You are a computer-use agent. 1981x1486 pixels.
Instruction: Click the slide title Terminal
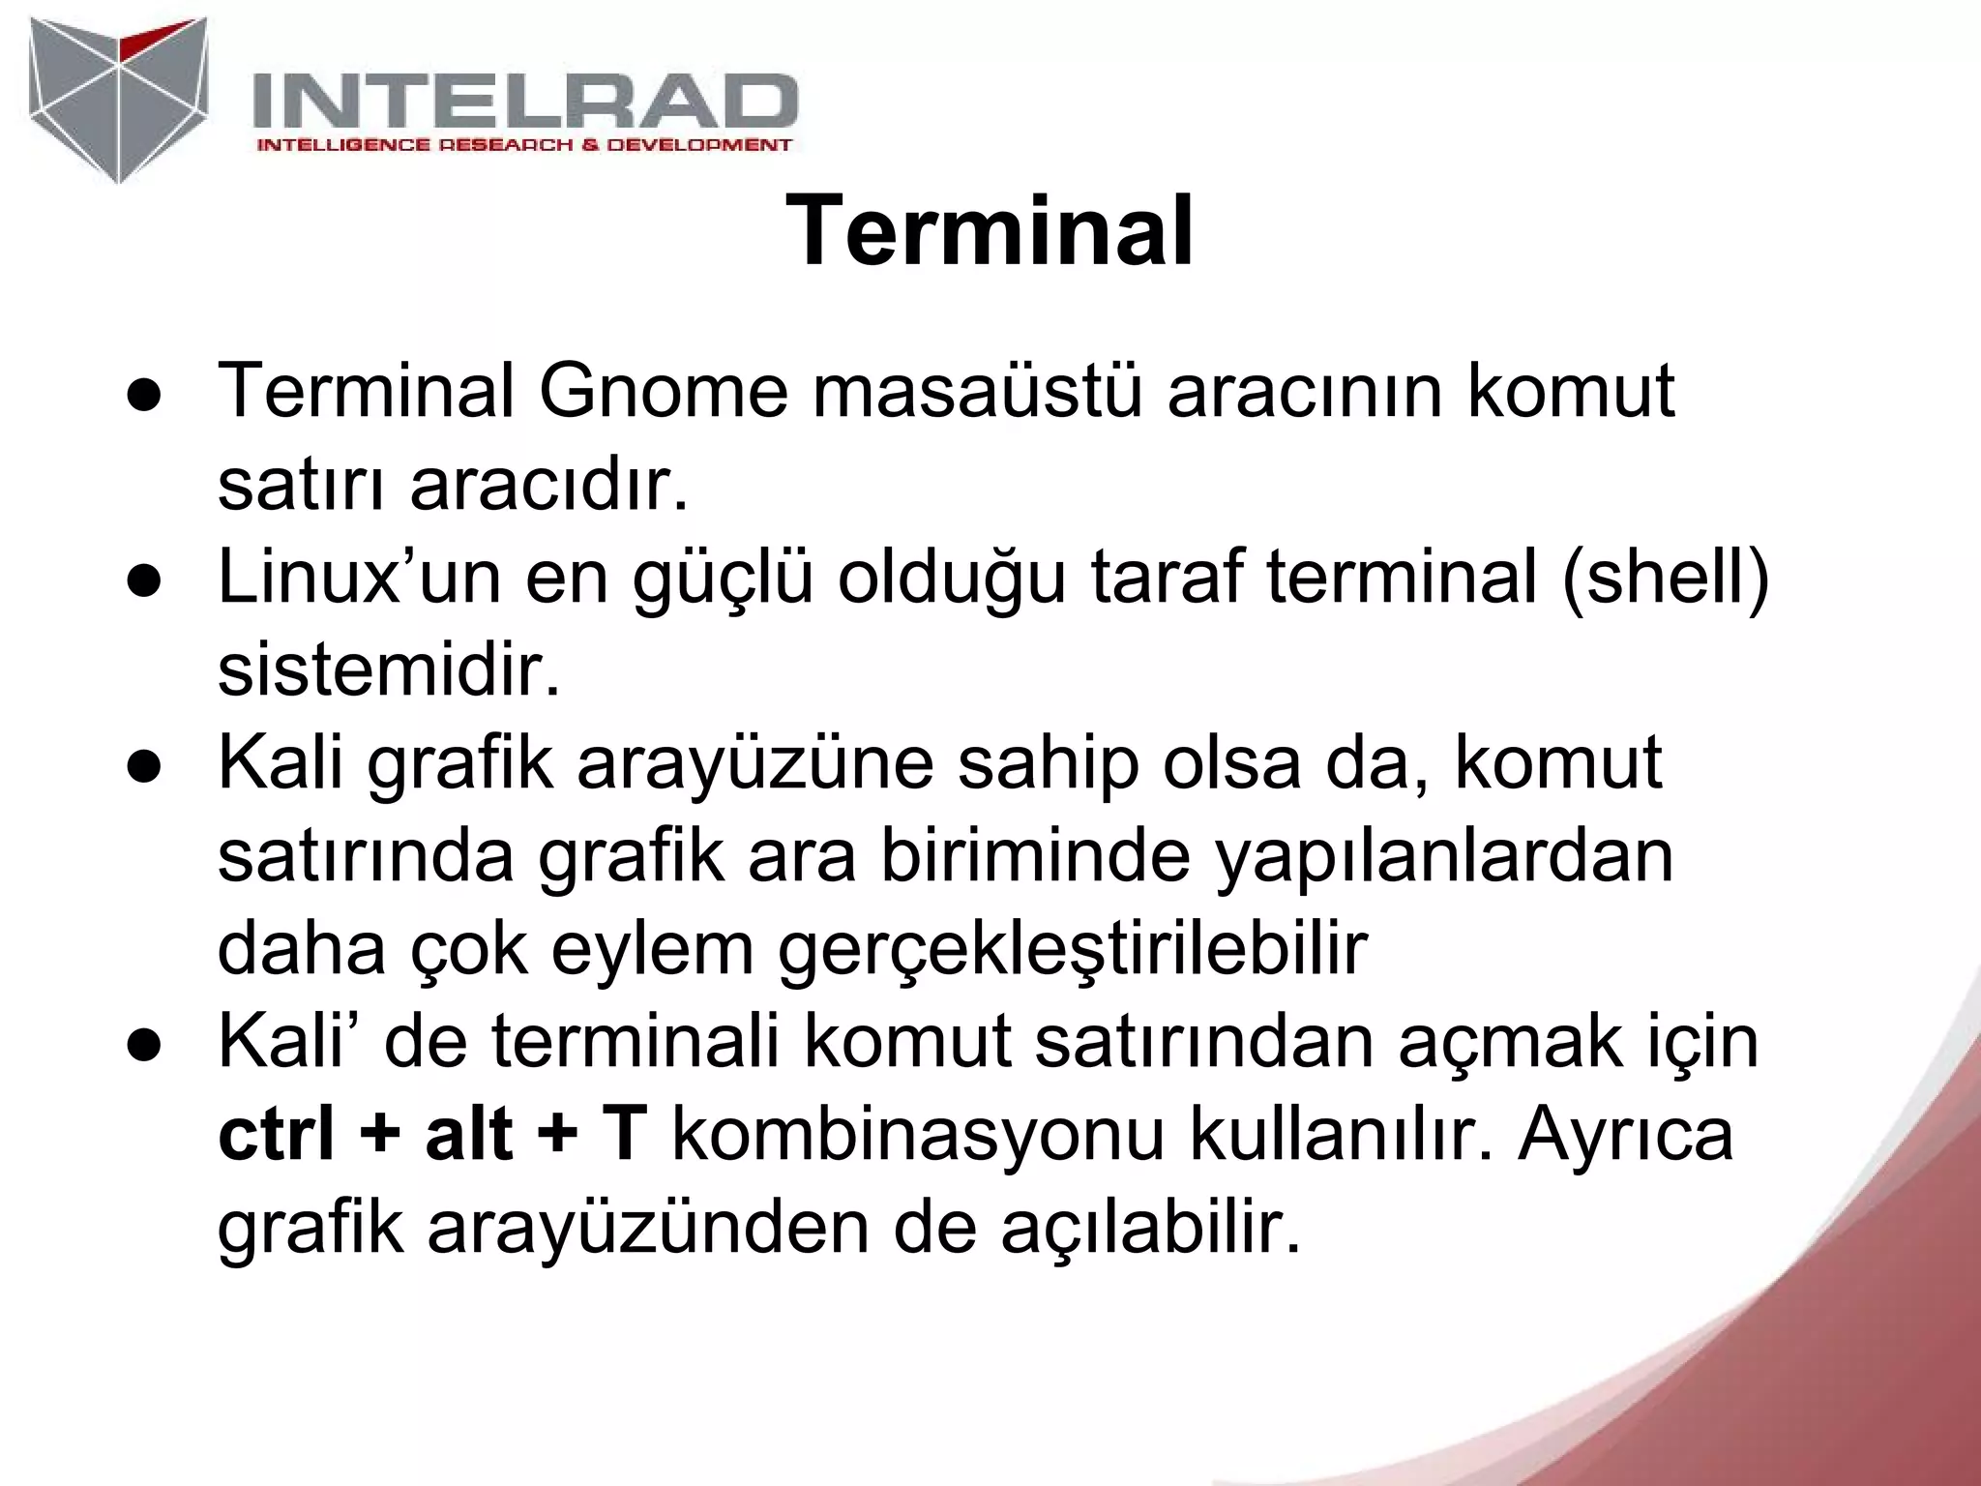(990, 233)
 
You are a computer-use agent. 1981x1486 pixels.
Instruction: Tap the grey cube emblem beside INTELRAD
(118, 99)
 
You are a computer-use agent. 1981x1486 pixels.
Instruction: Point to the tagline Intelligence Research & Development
(523, 145)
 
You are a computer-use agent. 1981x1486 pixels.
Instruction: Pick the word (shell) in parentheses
(1665, 579)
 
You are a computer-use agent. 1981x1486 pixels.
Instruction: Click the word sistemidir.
(389, 671)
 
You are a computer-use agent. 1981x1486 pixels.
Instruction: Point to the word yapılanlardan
(1443, 857)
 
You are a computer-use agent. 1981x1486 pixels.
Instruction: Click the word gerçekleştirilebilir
(1072, 951)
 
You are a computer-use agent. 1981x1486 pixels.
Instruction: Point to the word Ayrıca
(1625, 1137)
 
